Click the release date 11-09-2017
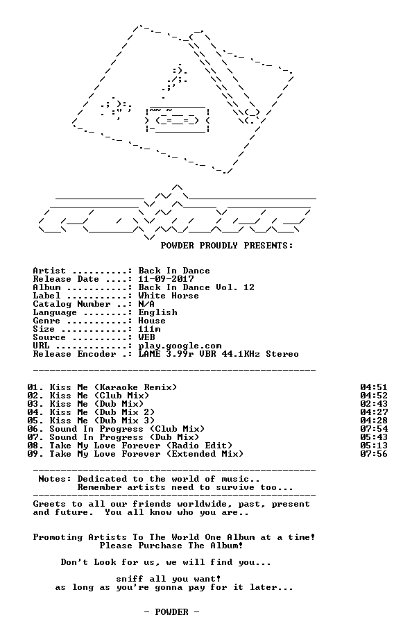(166, 279)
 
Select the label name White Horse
(169, 296)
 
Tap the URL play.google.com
(180, 346)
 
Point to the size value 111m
(149, 329)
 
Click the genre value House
(152, 321)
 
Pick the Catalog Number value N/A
(146, 304)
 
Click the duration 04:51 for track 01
(374, 387)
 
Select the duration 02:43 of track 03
(374, 404)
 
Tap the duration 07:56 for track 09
(374, 454)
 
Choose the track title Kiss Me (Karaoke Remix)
(113, 387)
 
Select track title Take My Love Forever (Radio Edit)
(141, 446)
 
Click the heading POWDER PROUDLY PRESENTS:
(227, 246)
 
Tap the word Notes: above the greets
(55, 479)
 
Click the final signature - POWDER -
(172, 612)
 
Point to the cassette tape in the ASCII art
(178, 120)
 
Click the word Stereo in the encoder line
(282, 354)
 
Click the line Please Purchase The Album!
(171, 546)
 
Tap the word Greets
(50, 504)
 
